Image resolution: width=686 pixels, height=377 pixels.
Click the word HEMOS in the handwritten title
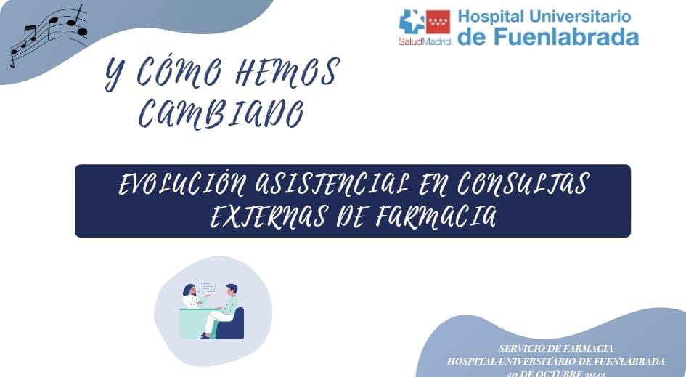tap(285, 73)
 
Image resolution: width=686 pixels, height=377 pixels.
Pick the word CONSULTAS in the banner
tap(522, 186)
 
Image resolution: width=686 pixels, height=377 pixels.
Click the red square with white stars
tap(438, 22)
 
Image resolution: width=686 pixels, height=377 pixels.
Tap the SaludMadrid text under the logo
tap(424, 41)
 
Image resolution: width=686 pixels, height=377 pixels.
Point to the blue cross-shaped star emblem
tap(412, 22)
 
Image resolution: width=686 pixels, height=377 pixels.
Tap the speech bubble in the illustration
tap(207, 288)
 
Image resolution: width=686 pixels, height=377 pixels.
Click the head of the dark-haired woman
tap(189, 291)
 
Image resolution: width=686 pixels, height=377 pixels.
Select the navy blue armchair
tap(232, 325)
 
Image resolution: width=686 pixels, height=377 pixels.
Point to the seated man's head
tap(231, 289)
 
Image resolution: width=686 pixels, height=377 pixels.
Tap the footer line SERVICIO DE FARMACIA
tap(556, 349)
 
